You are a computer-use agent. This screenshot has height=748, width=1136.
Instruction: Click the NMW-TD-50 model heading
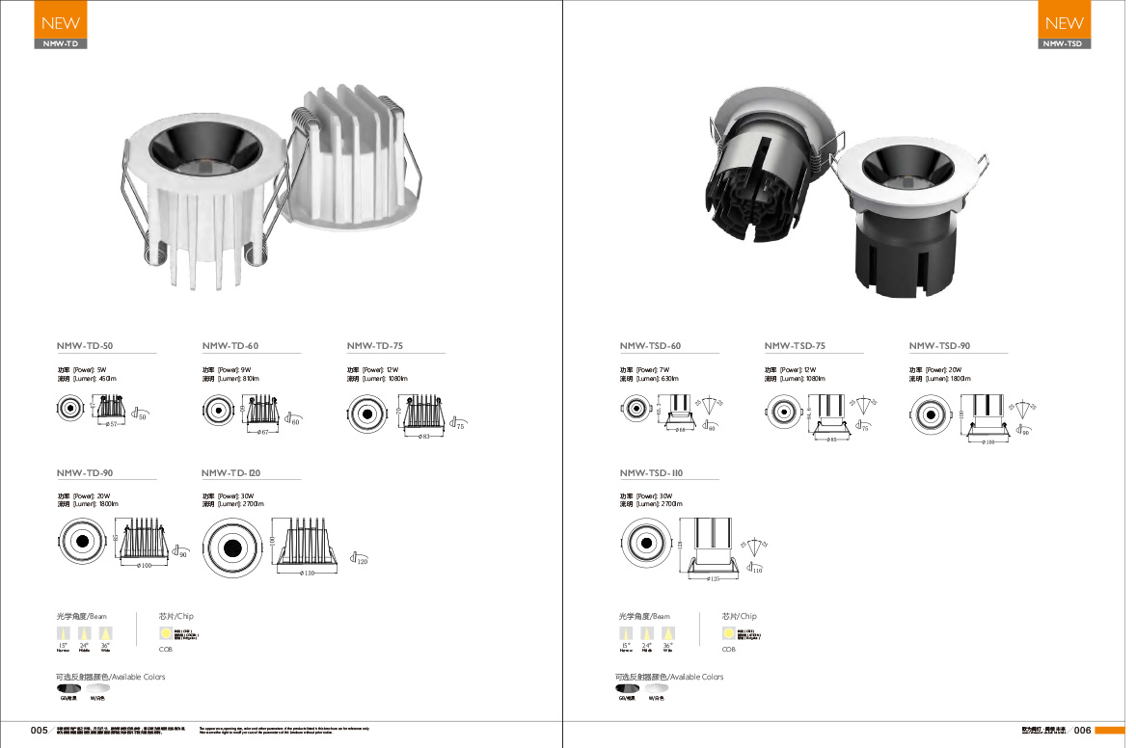point(85,345)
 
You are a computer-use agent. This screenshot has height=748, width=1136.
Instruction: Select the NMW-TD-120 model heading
point(231,473)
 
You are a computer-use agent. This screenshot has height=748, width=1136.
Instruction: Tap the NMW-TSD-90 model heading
point(939,345)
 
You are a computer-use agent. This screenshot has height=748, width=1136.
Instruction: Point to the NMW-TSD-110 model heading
point(651,473)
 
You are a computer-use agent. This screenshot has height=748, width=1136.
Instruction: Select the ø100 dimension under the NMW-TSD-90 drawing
point(987,442)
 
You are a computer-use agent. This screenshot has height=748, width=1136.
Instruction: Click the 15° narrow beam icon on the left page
point(64,633)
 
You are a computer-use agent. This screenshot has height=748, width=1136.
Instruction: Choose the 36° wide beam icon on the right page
point(667,633)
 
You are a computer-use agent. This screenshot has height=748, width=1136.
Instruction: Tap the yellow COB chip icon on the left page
point(166,633)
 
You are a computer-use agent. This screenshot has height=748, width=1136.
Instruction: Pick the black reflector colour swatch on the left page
point(68,688)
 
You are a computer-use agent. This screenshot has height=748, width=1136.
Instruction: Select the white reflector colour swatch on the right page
point(658,688)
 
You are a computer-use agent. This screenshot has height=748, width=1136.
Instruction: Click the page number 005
point(40,731)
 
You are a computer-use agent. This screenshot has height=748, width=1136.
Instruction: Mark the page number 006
point(1082,731)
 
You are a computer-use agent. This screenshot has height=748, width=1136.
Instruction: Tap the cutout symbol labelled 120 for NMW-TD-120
point(360,559)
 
